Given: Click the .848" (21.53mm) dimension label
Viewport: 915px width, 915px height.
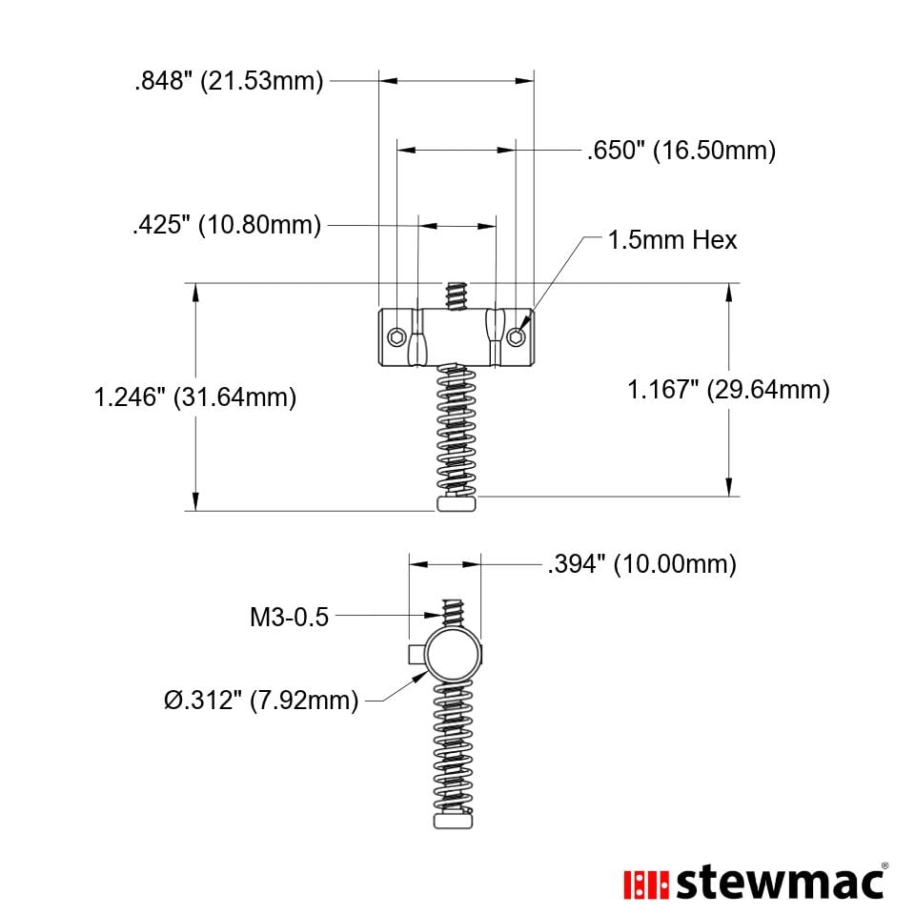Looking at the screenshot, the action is [x=229, y=80].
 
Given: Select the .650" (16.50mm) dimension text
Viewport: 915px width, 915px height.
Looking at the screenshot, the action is [x=681, y=150].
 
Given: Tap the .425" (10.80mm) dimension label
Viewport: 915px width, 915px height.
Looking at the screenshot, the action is [x=227, y=225].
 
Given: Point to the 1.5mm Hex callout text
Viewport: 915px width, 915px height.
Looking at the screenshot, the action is [x=672, y=240].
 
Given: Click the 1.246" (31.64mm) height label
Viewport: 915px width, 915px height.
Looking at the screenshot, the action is [x=194, y=397].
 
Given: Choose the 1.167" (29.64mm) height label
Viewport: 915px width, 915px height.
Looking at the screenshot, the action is [x=728, y=389].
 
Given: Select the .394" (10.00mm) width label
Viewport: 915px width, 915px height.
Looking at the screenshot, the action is [x=641, y=564].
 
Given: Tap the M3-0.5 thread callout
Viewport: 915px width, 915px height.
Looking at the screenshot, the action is [x=290, y=617].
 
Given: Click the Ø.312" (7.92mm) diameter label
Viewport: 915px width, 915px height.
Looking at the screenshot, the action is [x=261, y=700].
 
